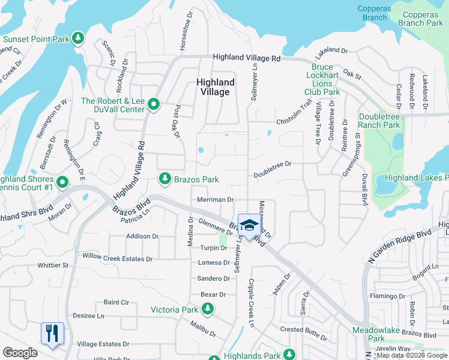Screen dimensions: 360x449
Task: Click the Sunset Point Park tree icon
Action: [78, 39]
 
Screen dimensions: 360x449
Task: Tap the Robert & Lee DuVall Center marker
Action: [154, 105]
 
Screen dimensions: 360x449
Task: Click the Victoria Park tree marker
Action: [208, 310]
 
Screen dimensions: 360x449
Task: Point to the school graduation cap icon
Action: [249, 225]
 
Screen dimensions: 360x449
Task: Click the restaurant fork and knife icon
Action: [52, 333]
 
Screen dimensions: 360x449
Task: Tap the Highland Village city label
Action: [214, 87]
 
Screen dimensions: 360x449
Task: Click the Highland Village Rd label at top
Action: [247, 58]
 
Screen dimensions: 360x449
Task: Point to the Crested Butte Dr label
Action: [304, 330]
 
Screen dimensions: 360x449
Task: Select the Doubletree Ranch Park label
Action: [379, 121]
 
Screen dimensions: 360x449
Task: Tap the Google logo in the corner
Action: [20, 353]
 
